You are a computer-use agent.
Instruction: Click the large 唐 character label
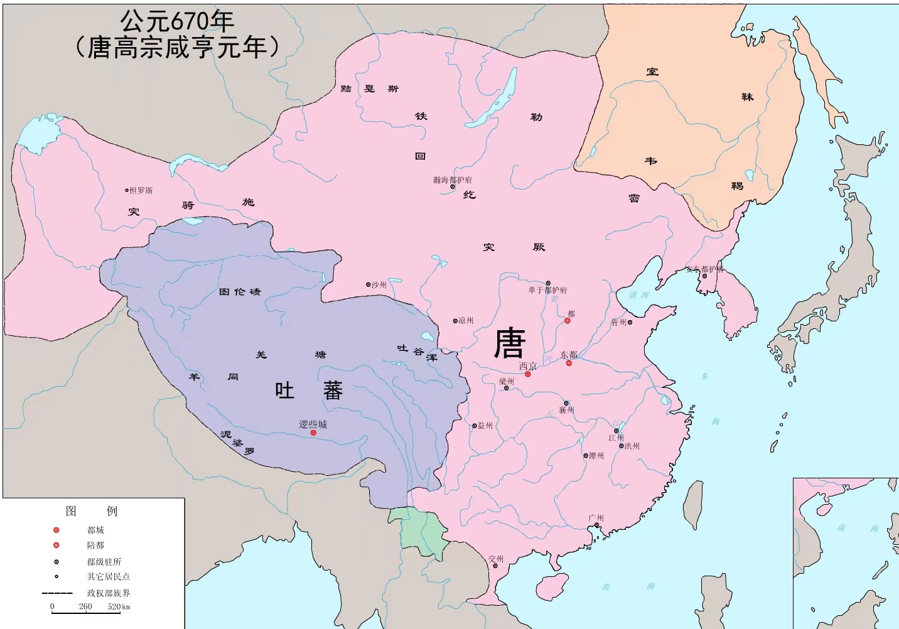pos(509,343)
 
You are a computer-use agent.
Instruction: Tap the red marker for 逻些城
pos(313,433)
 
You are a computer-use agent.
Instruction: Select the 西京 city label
pos(528,366)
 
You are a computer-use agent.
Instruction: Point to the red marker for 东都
pos(569,363)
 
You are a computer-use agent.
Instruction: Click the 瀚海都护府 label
pos(452,180)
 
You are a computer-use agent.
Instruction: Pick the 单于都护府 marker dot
pos(547,283)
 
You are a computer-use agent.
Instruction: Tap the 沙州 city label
pos(379,284)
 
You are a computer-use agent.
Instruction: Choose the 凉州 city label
pos(466,321)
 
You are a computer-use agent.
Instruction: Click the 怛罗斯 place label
pos(141,190)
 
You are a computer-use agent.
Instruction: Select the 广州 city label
pos(596,518)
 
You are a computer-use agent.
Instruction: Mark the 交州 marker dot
pos(495,566)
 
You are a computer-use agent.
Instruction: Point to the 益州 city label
pos(485,426)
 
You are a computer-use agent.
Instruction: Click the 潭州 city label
pos(596,456)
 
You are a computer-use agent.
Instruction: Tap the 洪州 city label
pos(632,446)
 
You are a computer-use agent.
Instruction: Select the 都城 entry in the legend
pos(95,530)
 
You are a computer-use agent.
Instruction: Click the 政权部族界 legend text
pos(108,593)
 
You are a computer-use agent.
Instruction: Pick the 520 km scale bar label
pos(119,607)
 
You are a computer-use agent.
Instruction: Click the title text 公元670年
pos(177,21)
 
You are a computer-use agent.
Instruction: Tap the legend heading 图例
pos(92,511)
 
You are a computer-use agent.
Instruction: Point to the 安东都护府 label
pos(704,269)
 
